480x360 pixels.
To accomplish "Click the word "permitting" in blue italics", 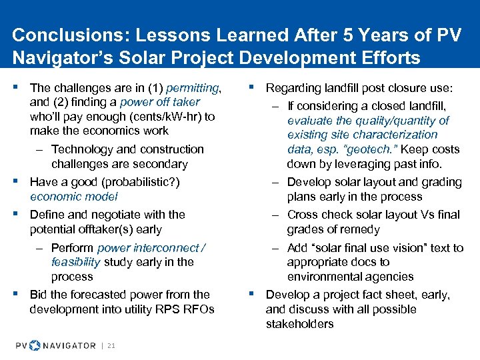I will pyautogui.click(x=196, y=87).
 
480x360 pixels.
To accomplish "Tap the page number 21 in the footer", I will pyautogui.click(x=111, y=345).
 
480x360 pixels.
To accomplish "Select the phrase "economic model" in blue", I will pyautogui.click(x=73, y=197).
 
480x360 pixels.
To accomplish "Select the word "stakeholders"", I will pyautogui.click(x=299, y=324).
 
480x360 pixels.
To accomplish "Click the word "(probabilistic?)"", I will pyautogui.click(x=138, y=182).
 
